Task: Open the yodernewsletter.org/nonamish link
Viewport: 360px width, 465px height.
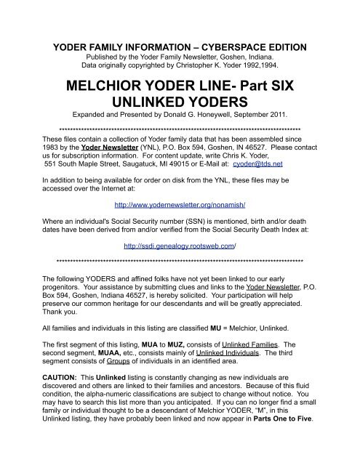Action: click(179, 204)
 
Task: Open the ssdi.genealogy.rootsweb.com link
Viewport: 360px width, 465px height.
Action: click(180, 246)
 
